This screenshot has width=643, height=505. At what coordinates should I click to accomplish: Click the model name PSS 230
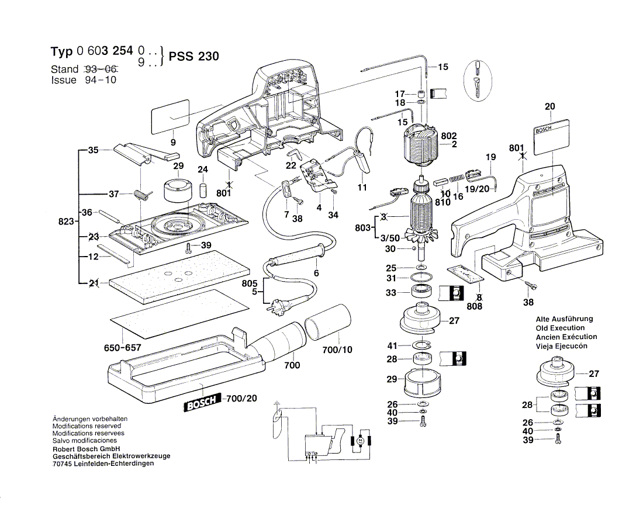coord(193,57)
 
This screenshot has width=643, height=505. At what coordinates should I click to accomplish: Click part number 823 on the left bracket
coord(66,222)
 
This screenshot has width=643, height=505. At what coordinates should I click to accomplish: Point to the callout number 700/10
coord(337,351)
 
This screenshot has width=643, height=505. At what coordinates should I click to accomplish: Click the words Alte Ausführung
coord(564,319)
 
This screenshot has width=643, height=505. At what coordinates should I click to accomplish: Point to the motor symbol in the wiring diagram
coord(361,439)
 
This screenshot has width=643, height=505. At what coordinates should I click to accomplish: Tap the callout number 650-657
coord(123,348)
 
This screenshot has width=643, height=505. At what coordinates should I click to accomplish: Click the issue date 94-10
coord(100,80)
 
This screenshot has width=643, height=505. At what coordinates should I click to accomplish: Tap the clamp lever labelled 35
coord(143,151)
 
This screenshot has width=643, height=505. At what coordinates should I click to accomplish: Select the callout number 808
coord(475,306)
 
